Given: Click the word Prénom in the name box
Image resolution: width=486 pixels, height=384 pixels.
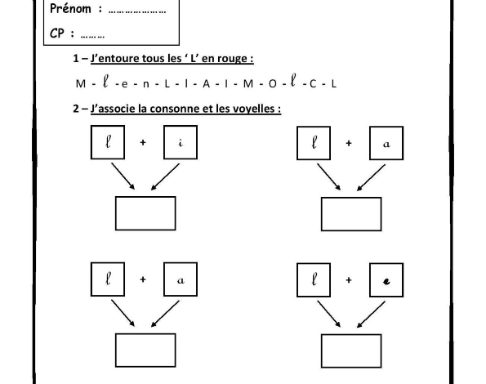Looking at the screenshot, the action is point(70,9).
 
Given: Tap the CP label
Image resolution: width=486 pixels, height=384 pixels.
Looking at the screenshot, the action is point(57,33).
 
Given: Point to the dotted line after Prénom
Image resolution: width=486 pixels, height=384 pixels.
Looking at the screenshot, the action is point(137,12).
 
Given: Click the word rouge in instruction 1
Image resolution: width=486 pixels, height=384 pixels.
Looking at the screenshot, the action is point(232,58).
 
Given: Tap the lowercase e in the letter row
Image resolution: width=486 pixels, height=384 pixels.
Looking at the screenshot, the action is point(124,84).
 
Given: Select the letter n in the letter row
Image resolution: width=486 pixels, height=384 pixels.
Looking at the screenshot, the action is point(145,84).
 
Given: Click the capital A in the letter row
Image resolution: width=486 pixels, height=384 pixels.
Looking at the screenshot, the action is point(206,83).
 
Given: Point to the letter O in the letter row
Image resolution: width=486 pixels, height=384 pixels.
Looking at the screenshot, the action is point(272,83).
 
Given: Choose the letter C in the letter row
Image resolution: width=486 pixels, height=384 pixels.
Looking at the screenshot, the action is point(313,83).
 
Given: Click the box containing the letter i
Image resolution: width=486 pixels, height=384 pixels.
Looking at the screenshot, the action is point(181,142).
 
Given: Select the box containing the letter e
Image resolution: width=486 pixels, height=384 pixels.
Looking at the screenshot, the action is point(386,280).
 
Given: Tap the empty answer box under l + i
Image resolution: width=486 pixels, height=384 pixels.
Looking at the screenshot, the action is point(145,213).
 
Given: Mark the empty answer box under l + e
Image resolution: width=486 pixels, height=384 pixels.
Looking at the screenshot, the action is point(351,351).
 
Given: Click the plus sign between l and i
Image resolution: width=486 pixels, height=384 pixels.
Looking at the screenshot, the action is point(143,142).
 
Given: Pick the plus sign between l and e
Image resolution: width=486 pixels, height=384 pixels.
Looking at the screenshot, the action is point(349,280).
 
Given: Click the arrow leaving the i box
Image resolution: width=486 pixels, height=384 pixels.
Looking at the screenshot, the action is point(165,176).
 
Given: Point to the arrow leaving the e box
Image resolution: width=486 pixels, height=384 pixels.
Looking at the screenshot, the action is point(371,315).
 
